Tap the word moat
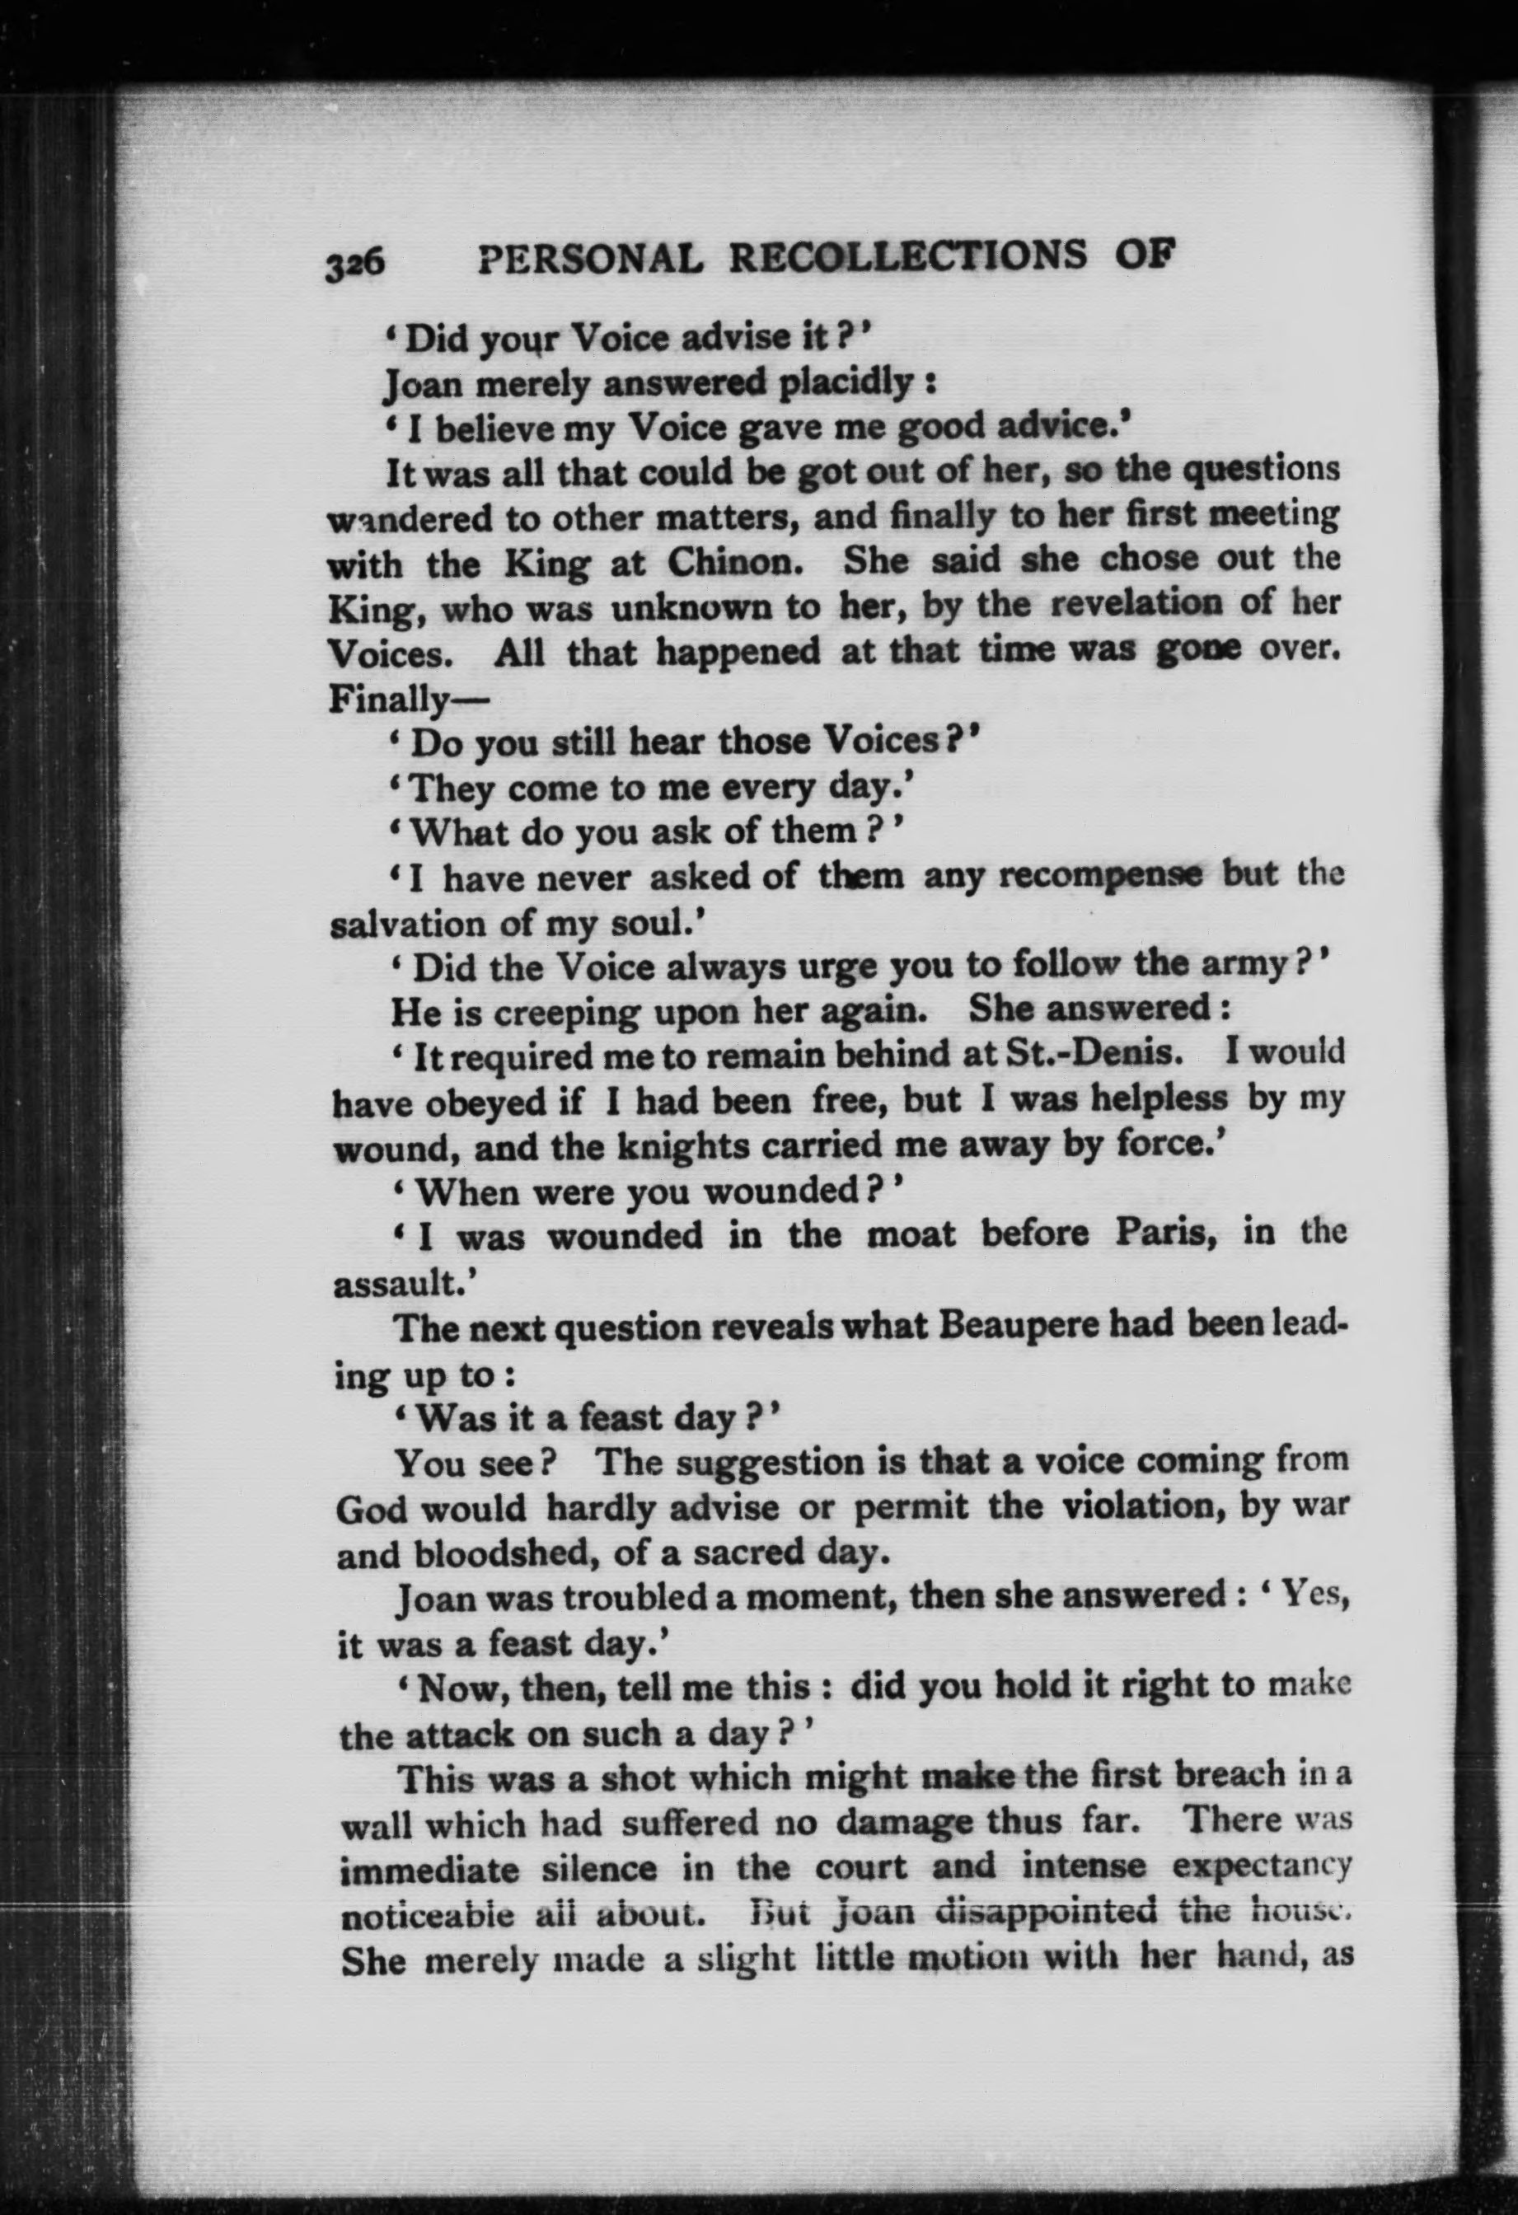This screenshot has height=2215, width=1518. pyautogui.click(x=911, y=1236)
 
